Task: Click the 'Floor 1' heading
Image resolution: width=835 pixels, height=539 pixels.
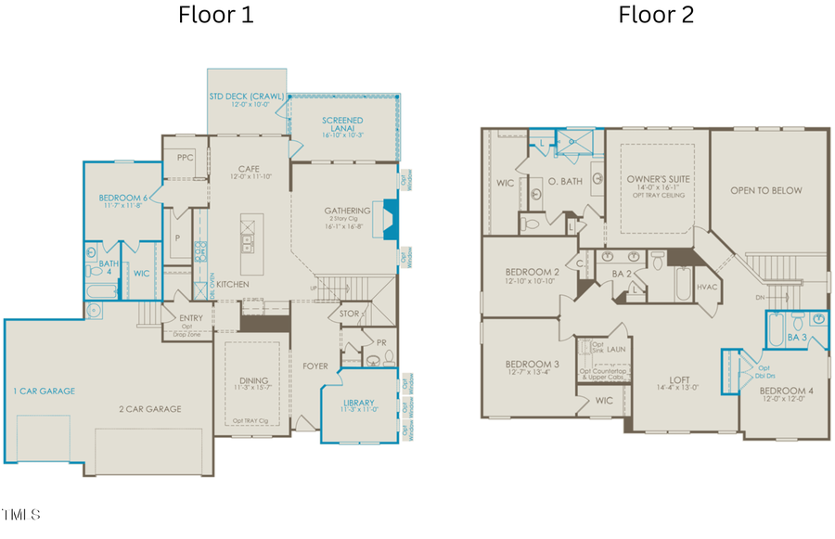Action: (x=215, y=15)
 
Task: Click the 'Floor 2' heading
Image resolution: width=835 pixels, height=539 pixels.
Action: (x=656, y=15)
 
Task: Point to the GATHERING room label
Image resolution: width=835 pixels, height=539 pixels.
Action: (x=347, y=211)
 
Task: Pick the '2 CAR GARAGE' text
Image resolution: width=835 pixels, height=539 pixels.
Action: (x=149, y=408)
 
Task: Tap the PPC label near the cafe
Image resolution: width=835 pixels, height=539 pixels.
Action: (x=185, y=159)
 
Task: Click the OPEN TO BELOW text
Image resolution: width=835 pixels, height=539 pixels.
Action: (x=765, y=190)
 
